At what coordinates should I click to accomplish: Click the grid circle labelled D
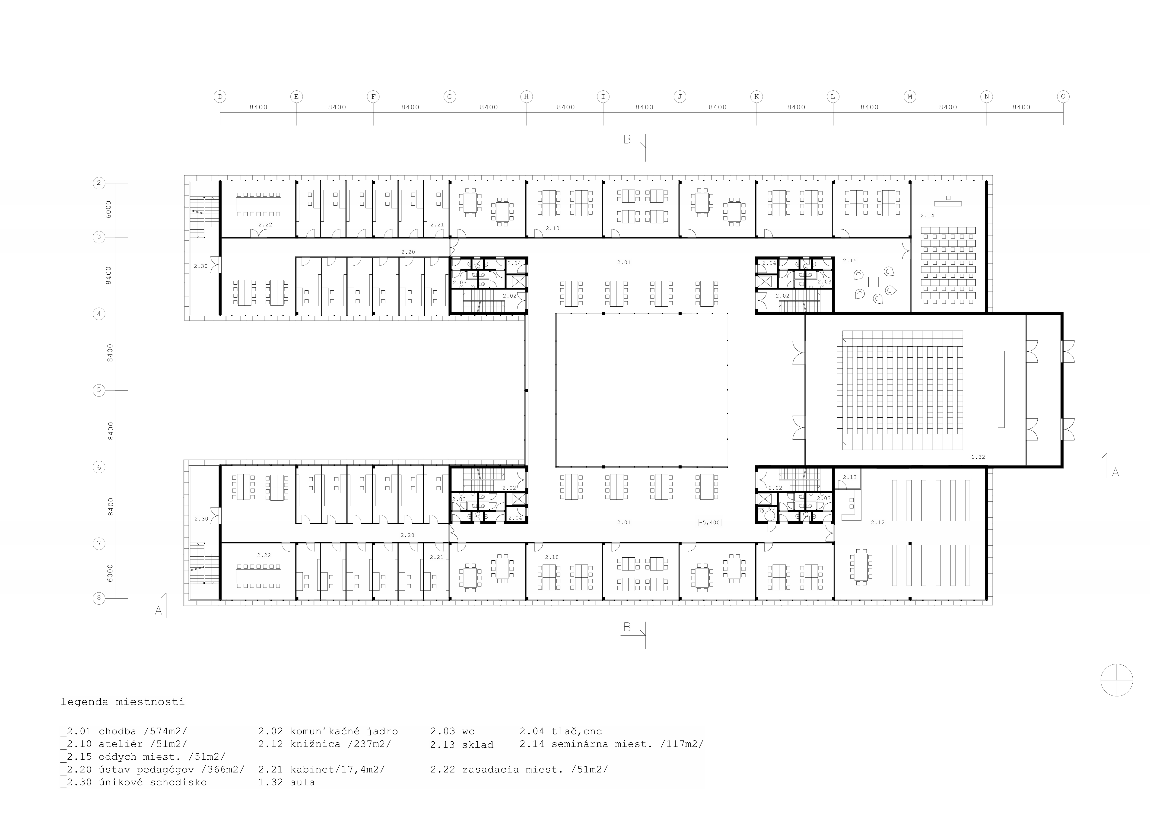[220, 97]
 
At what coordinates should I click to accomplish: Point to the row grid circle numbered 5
[99, 390]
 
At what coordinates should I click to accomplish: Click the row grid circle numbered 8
[99, 598]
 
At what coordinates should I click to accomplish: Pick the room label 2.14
[927, 216]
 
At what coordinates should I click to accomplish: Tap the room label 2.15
[850, 260]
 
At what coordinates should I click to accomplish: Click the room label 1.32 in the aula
[978, 457]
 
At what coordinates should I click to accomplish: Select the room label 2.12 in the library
[877, 522]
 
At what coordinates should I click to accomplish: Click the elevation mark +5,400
[709, 522]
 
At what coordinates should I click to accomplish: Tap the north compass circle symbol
[1116, 680]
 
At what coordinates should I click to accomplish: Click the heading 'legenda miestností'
[123, 702]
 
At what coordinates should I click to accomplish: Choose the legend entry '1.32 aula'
[286, 782]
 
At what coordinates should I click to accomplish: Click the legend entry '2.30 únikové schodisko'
[134, 782]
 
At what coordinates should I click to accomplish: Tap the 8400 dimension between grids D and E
[258, 107]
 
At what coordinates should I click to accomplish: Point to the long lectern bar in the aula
[1001, 389]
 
